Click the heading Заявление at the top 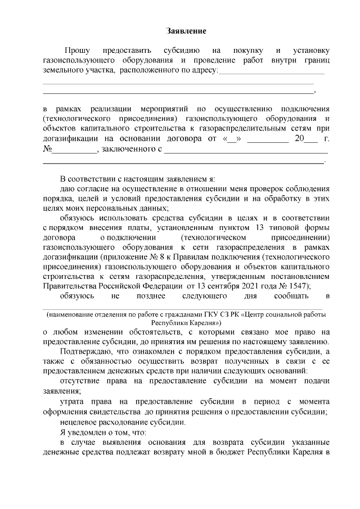(186, 30)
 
